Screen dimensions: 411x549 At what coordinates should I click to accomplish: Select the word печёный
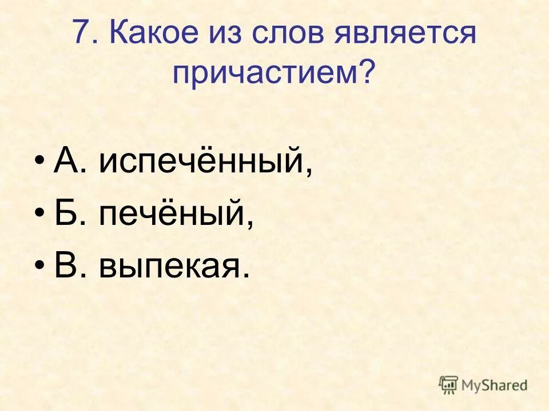[x=172, y=215]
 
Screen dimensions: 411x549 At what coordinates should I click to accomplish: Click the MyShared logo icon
[x=448, y=385]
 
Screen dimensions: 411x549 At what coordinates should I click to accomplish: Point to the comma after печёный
[x=249, y=224]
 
